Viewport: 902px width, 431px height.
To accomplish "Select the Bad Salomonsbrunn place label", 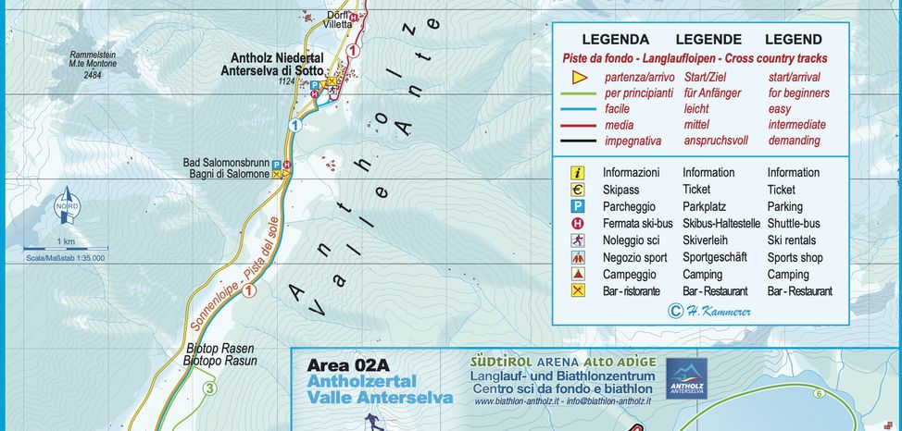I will (x=227, y=163).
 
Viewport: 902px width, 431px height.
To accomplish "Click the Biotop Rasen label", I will (x=221, y=349).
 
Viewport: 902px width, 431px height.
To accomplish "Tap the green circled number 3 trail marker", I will (x=210, y=388).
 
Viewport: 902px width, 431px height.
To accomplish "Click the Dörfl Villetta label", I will (x=338, y=18).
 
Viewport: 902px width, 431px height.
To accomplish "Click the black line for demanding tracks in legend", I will (x=579, y=141).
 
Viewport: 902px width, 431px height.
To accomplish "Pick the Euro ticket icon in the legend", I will (x=578, y=190).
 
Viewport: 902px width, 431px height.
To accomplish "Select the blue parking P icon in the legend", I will (x=578, y=206).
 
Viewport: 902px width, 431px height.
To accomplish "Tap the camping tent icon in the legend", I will (x=578, y=275).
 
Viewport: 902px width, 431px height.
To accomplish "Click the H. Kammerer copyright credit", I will (x=712, y=311).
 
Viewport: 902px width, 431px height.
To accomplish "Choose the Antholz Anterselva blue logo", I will (x=686, y=377).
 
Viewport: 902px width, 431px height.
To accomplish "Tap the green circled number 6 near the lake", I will (x=819, y=394).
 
